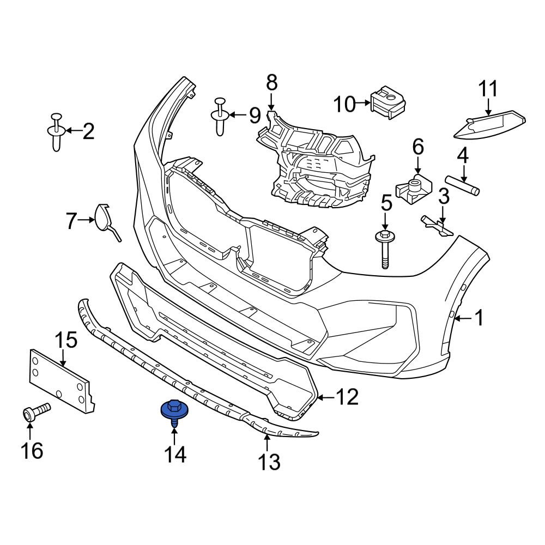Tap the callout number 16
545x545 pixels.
pyautogui.click(x=32, y=451)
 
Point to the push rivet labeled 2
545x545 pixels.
pyautogui.click(x=56, y=132)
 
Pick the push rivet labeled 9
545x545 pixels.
pyautogui.click(x=220, y=116)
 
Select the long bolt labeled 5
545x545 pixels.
pyautogui.click(x=385, y=248)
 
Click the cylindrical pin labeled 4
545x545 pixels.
pyautogui.click(x=463, y=185)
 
